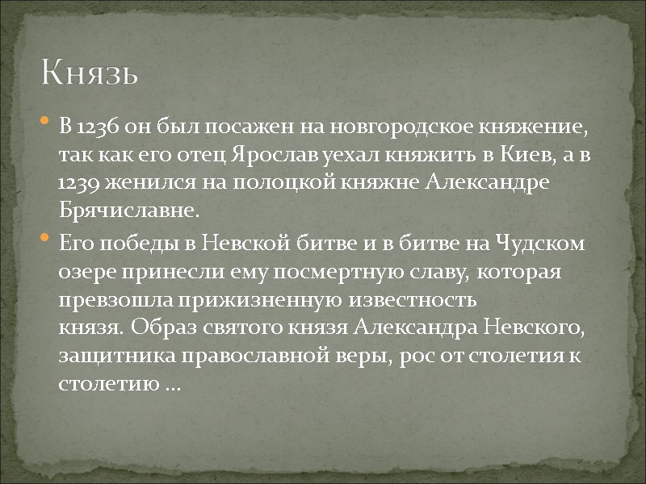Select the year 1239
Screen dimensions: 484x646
(79, 183)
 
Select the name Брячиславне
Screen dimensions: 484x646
(128, 211)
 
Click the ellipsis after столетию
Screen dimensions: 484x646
(172, 386)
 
